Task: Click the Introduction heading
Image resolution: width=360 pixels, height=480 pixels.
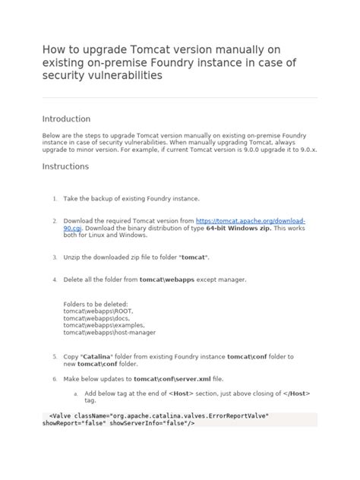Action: [66, 119]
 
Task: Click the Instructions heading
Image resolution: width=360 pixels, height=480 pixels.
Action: [65, 166]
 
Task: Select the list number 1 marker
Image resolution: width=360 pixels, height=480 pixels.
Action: [55, 198]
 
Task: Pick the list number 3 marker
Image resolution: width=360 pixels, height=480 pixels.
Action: [55, 257]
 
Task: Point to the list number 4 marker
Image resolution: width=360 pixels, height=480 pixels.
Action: [55, 279]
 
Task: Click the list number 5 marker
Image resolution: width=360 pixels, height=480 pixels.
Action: [55, 356]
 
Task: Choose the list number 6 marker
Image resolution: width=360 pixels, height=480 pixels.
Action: [55, 378]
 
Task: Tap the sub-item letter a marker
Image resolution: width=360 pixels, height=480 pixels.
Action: [75, 393]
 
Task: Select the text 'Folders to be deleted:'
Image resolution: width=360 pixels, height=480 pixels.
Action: [96, 304]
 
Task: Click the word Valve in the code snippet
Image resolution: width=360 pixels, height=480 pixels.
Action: [62, 415]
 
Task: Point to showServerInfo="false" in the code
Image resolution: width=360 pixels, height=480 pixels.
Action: [156, 423]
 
